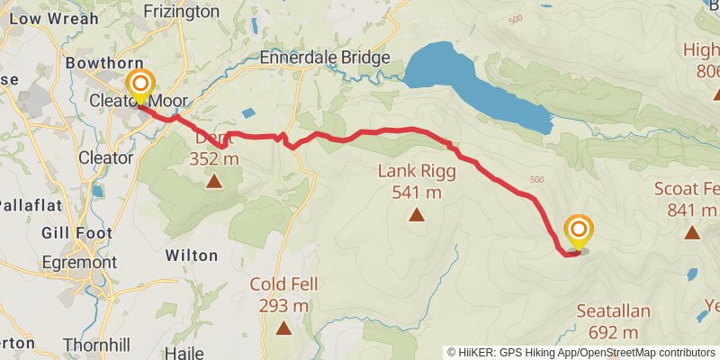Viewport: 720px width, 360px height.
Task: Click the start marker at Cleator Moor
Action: [x=140, y=87]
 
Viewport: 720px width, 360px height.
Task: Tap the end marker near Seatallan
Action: [x=578, y=231]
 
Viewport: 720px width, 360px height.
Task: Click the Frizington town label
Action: [x=181, y=12]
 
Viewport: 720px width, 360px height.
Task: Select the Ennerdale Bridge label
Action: [x=324, y=58]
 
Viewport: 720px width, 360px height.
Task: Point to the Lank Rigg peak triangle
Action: [x=417, y=214]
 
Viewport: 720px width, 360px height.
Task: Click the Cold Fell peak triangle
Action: [x=283, y=328]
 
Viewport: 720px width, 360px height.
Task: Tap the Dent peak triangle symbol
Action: [x=214, y=183]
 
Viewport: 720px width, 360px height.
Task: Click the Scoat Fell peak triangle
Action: [x=692, y=233]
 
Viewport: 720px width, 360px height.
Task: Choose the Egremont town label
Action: [x=79, y=263]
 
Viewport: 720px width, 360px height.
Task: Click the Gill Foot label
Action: [x=77, y=233]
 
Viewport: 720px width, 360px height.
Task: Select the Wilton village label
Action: [x=192, y=256]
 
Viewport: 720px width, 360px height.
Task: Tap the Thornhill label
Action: [x=98, y=345]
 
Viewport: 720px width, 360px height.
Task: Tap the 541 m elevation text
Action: [x=417, y=192]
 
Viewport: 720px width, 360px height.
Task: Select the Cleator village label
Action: [x=106, y=157]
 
